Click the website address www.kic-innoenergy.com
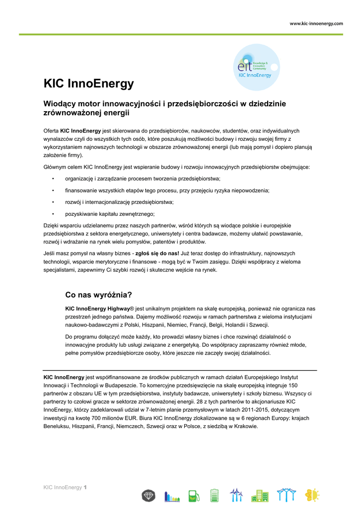click(316, 23)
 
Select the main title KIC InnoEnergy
click(89, 83)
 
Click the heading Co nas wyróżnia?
click(98, 295)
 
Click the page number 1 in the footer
click(85, 487)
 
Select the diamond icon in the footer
click(148, 495)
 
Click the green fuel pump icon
click(193, 495)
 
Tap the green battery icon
click(215, 495)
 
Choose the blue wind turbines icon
click(236, 495)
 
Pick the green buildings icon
click(259, 495)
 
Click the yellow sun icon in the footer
click(312, 495)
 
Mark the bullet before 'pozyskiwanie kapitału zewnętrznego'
click(53, 214)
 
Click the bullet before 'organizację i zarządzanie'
click(53, 179)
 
